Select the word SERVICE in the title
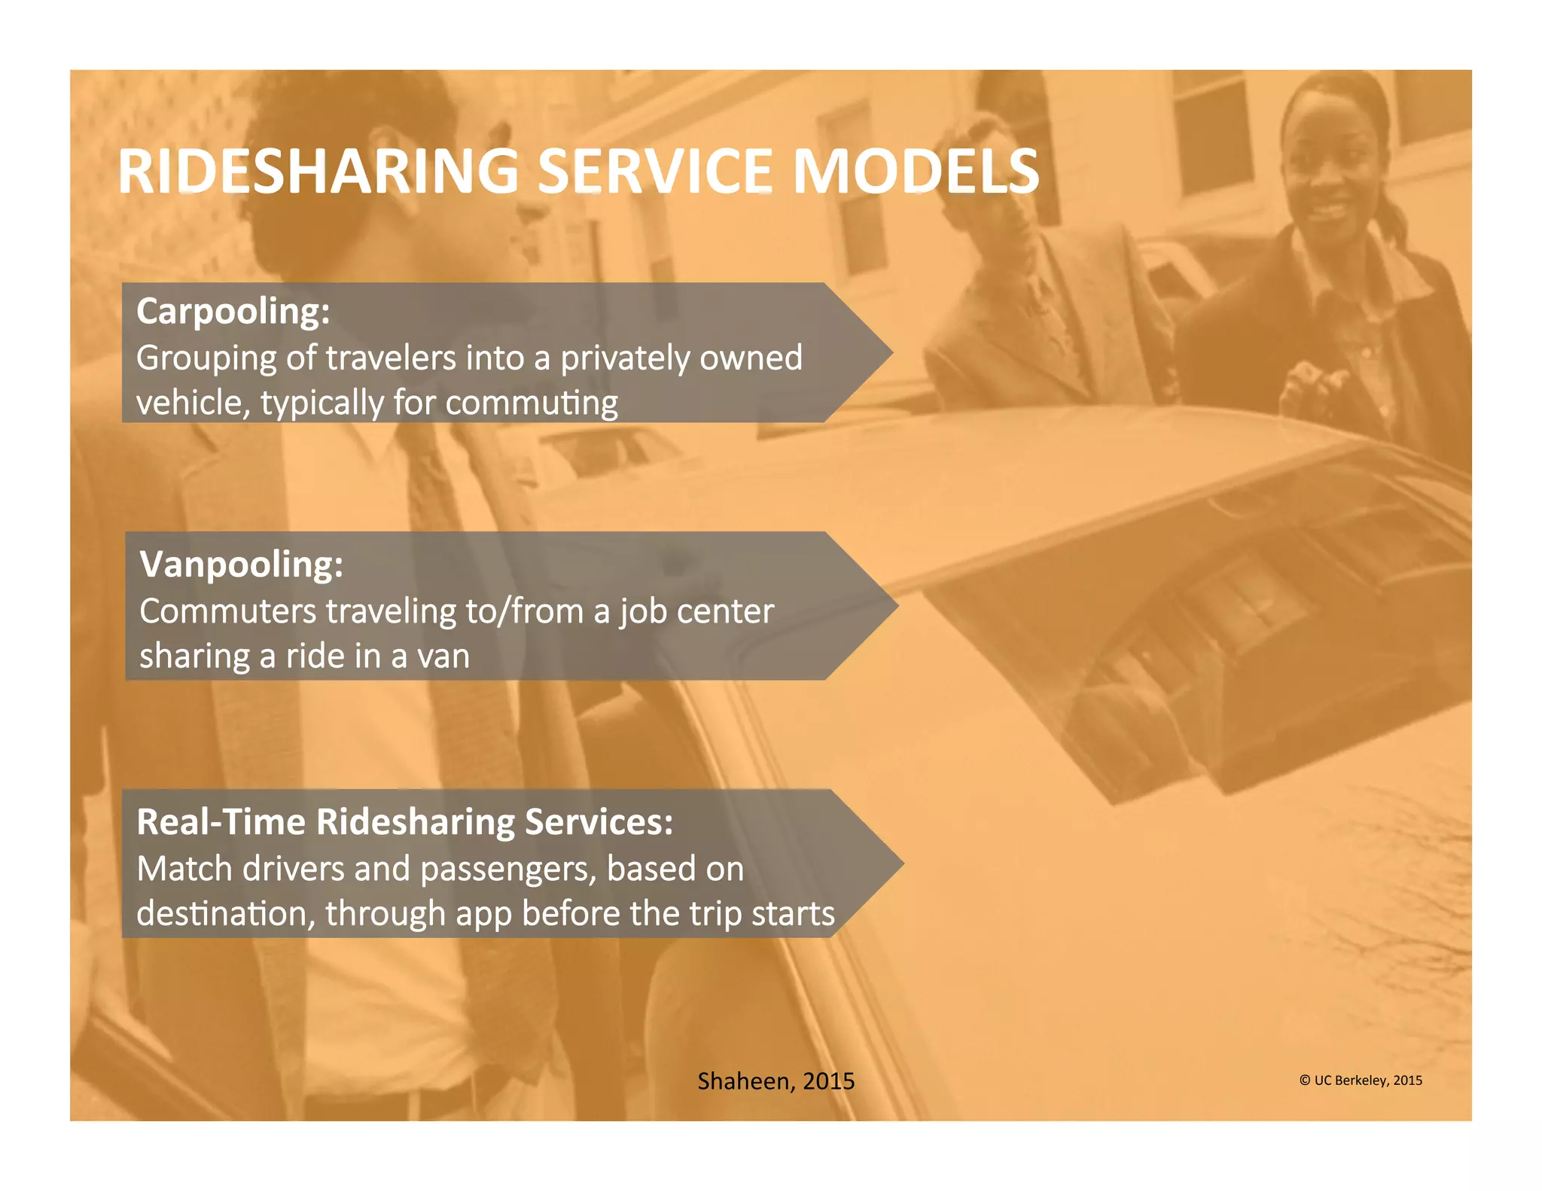pyautogui.click(x=654, y=172)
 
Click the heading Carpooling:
pyautogui.click(x=233, y=312)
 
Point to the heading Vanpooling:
pyautogui.click(x=241, y=565)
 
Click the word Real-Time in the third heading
pyautogui.click(x=221, y=822)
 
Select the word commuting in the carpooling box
pyautogui.click(x=531, y=404)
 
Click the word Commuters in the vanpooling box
pyautogui.click(x=228, y=611)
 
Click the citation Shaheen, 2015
pyautogui.click(x=776, y=1081)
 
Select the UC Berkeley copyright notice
pyautogui.click(x=1360, y=1080)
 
